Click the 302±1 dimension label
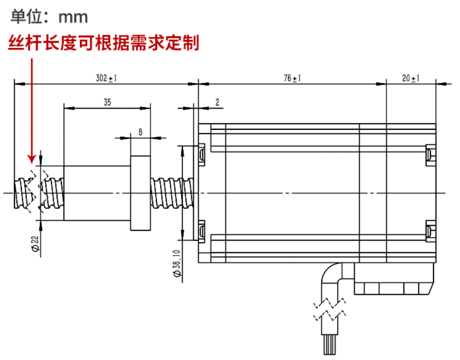[x=107, y=78]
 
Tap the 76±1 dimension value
[x=293, y=78]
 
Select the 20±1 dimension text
[x=411, y=78]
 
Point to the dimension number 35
[x=107, y=103]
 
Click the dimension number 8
[x=140, y=132]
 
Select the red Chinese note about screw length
[x=103, y=43]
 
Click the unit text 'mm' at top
[x=73, y=17]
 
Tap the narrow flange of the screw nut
[x=140, y=192]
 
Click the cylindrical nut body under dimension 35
[x=97, y=192]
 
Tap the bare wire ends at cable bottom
[x=331, y=345]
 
